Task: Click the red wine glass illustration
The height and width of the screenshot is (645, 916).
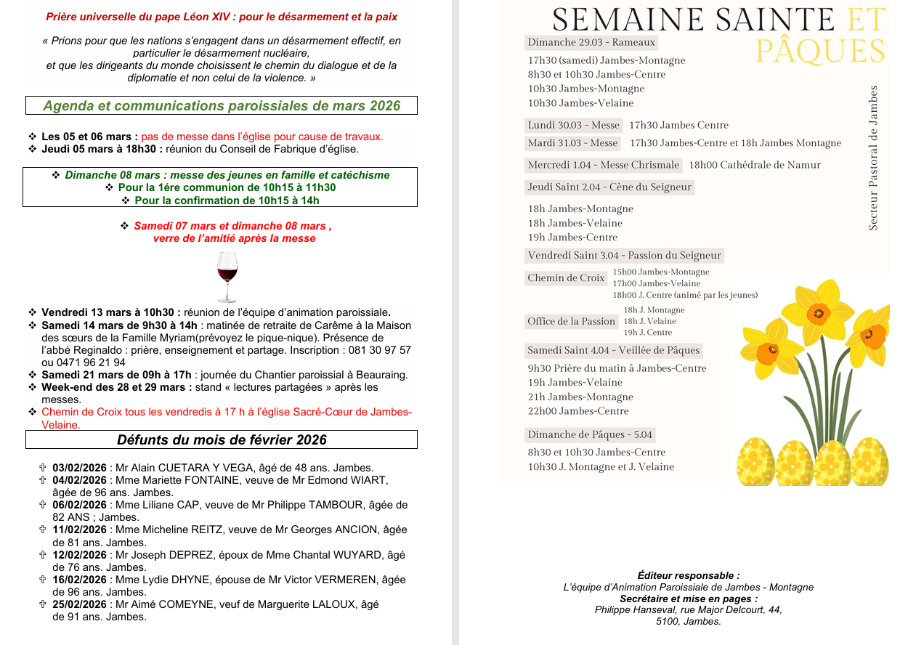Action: [227, 277]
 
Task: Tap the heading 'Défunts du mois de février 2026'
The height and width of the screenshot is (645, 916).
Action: [222, 439]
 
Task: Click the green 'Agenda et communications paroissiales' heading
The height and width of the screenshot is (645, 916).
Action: [222, 106]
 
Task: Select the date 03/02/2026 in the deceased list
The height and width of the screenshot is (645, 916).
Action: [79, 468]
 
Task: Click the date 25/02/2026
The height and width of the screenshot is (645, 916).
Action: [79, 604]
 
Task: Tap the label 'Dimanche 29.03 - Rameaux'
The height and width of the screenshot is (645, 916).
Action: [591, 43]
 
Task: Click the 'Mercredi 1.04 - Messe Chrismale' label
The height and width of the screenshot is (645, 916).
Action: [603, 165]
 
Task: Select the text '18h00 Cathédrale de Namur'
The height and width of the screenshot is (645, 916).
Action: [755, 165]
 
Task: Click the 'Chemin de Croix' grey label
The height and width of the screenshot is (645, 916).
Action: [566, 277]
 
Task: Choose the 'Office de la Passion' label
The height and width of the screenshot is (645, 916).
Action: [571, 321]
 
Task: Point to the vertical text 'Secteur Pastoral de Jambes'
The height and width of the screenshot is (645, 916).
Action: [873, 158]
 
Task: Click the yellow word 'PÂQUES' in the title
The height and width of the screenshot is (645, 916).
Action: [820, 52]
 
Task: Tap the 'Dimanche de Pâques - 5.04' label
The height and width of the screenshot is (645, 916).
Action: [590, 434]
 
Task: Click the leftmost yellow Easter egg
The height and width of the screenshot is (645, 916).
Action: [755, 462]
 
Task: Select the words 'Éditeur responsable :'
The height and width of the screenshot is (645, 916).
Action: [689, 575]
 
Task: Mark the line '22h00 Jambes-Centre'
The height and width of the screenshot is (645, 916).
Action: [578, 411]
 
